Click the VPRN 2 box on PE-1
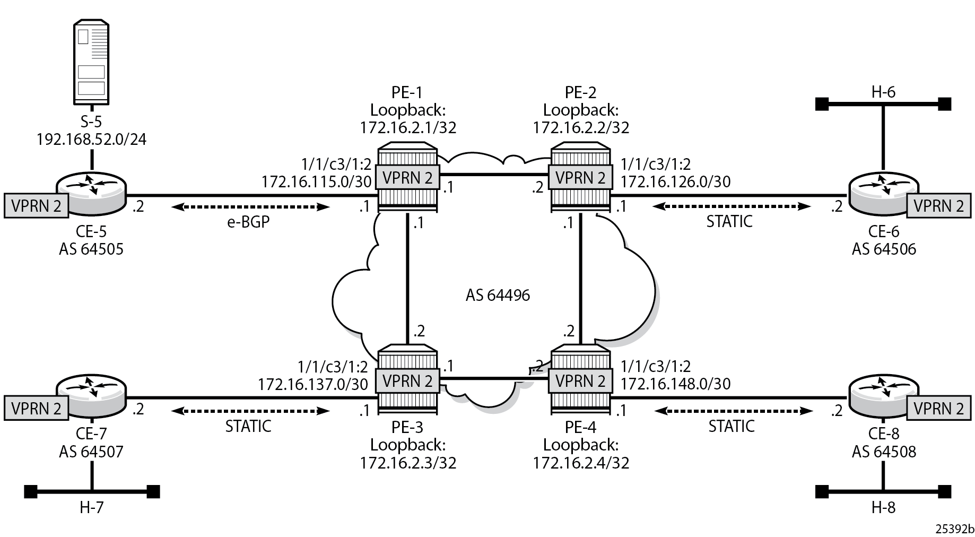(x=407, y=177)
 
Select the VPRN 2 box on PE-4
(x=580, y=380)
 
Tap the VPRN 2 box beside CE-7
(x=36, y=409)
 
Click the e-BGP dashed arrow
(x=250, y=206)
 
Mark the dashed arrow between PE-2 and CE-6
(x=732, y=206)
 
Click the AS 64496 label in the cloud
(x=498, y=295)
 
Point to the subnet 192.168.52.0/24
(x=92, y=139)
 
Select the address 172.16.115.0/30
(x=316, y=181)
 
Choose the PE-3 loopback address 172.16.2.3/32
(x=408, y=463)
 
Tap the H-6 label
(x=883, y=92)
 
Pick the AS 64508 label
(x=884, y=452)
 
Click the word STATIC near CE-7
(x=248, y=426)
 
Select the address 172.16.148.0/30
(x=676, y=384)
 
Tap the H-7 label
(x=92, y=508)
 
